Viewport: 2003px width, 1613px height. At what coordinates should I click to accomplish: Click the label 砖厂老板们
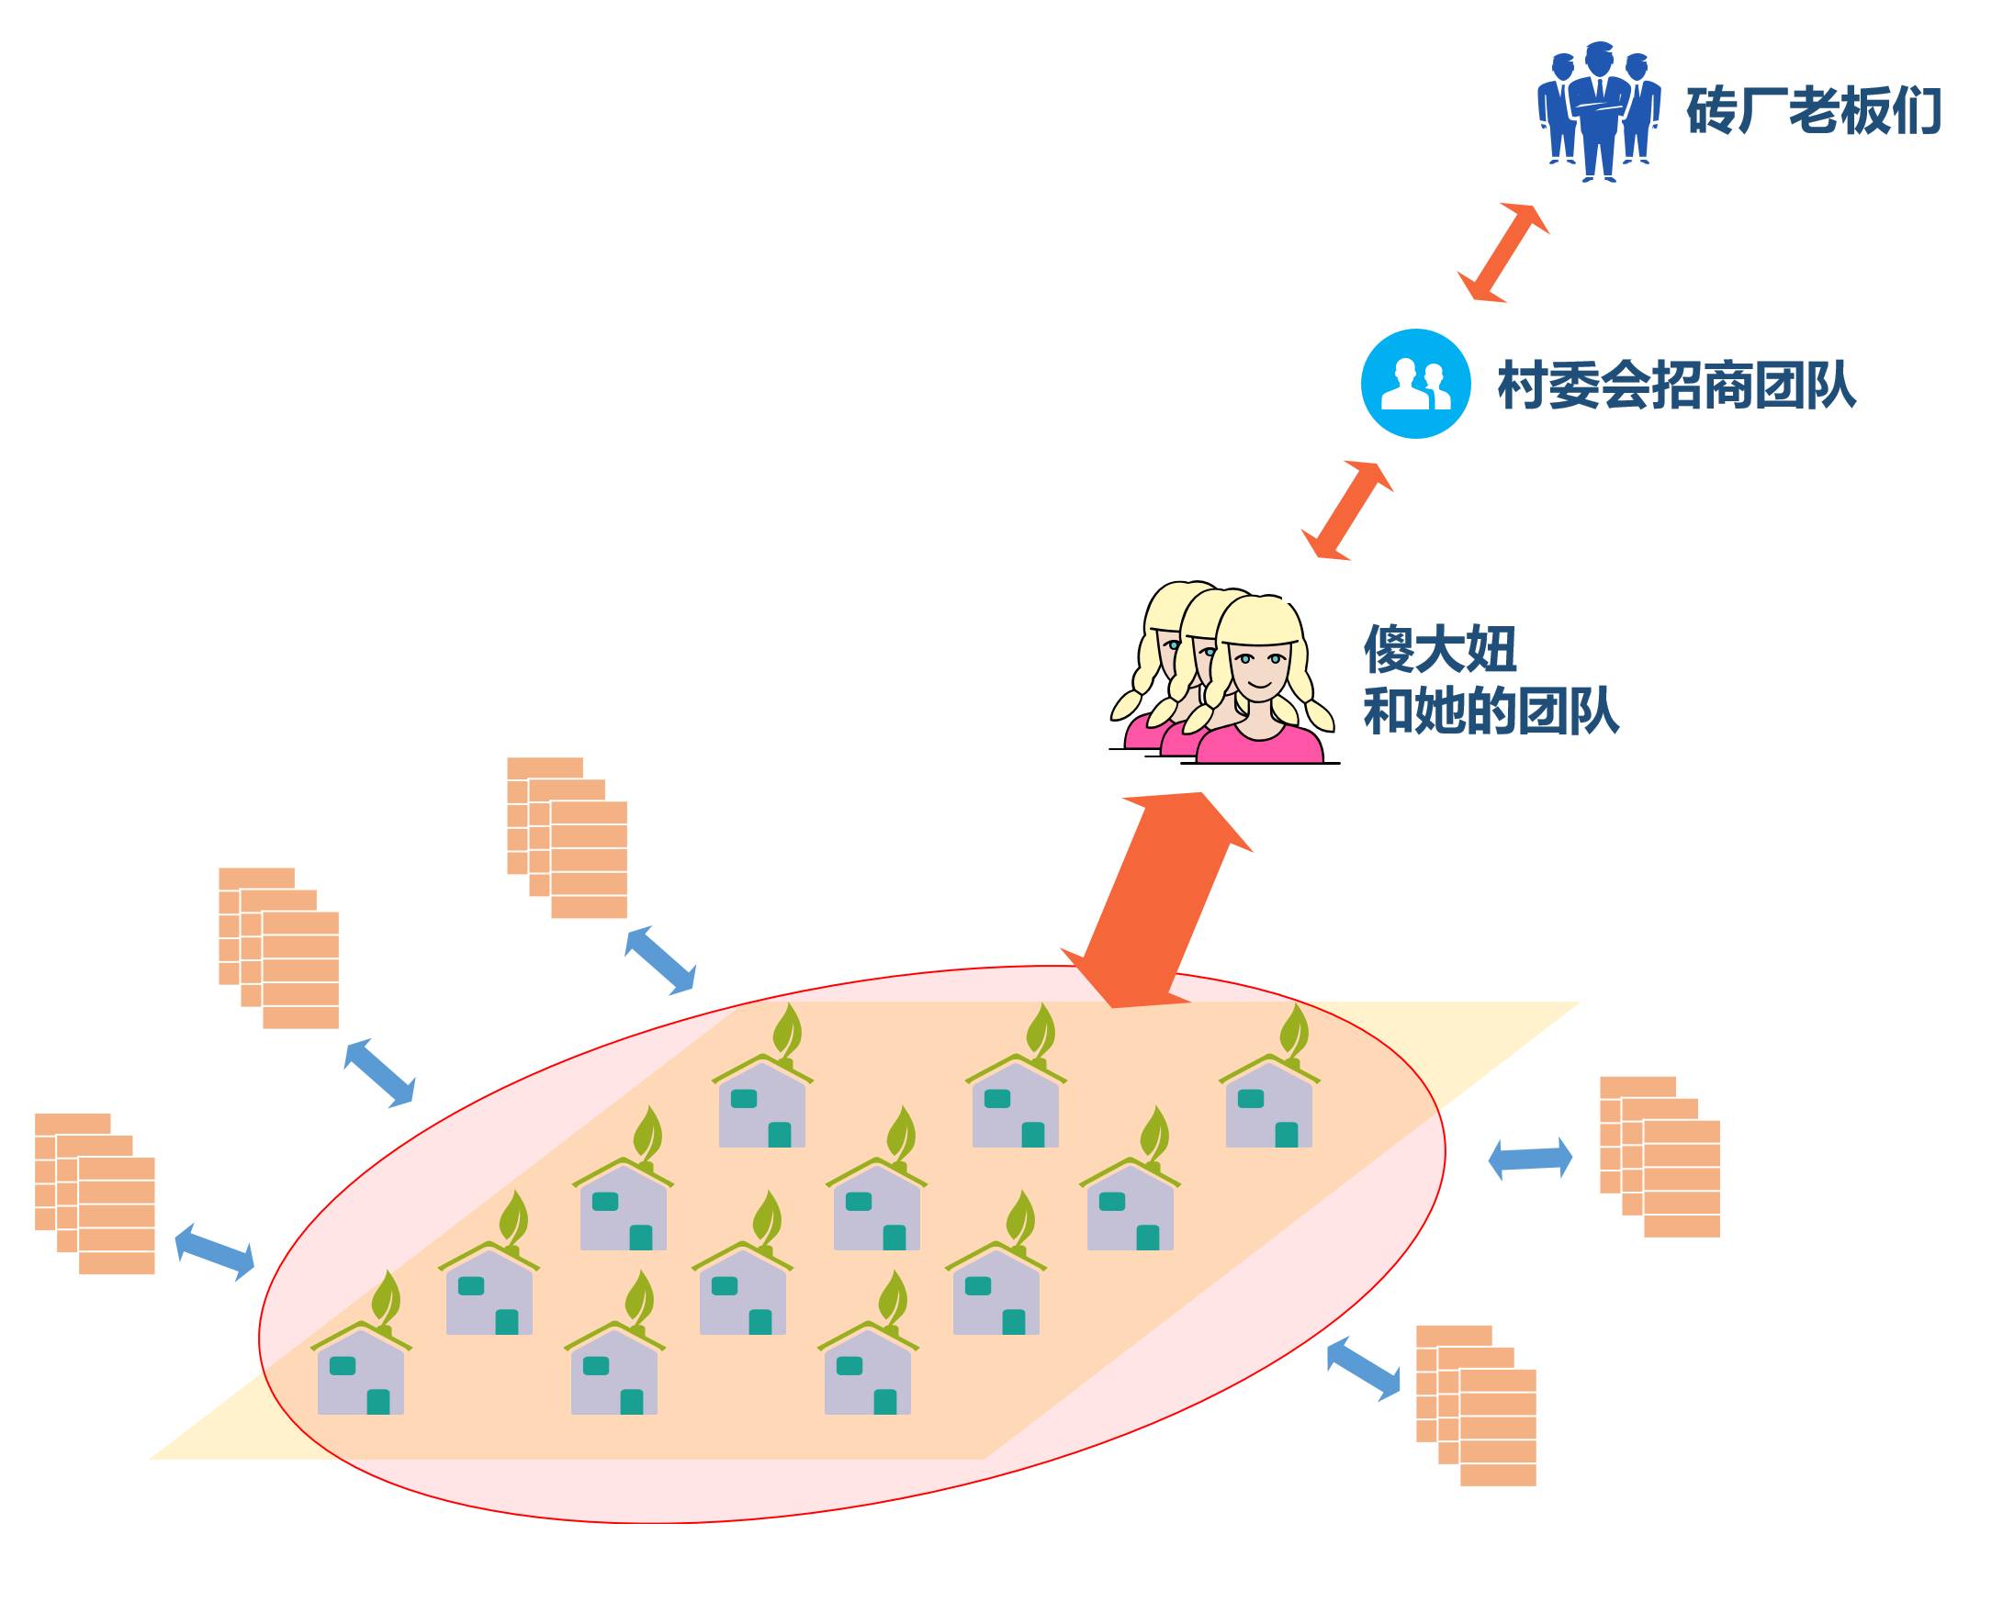point(1814,111)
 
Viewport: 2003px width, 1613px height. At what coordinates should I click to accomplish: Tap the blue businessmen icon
point(1598,111)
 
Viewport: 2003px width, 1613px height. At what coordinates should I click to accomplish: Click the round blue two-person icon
point(1414,384)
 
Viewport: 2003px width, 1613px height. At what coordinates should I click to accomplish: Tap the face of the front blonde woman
point(1259,669)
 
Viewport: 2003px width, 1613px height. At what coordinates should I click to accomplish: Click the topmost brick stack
point(567,837)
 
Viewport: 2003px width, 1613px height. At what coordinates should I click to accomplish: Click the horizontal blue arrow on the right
point(1530,1159)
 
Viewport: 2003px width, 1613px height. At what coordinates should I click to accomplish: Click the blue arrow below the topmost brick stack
point(659,959)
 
